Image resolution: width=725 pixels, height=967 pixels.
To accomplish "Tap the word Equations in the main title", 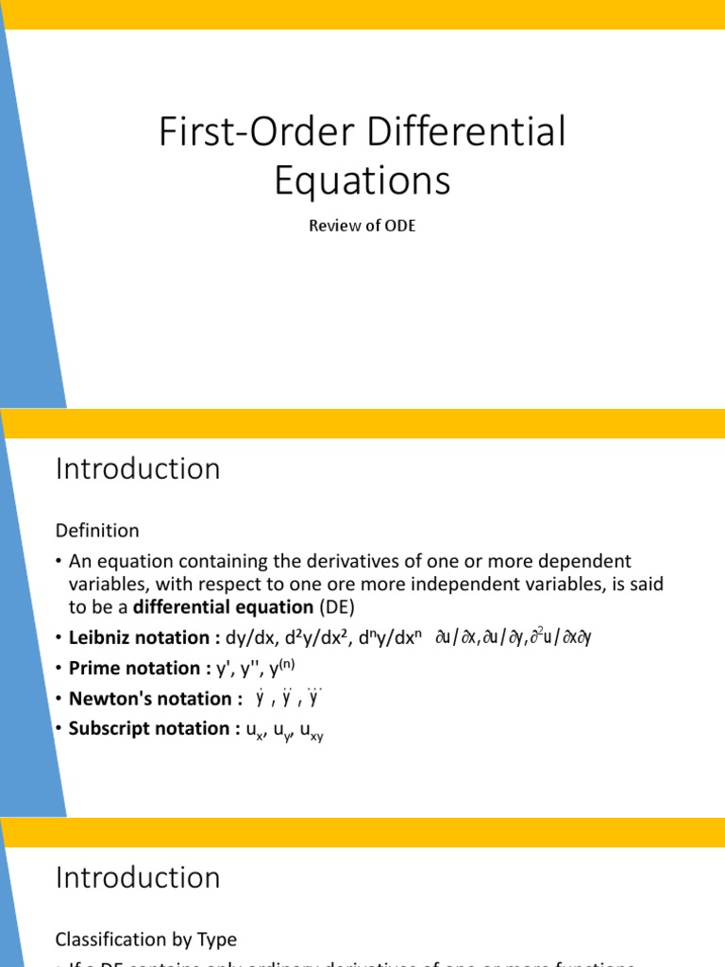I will coord(362,179).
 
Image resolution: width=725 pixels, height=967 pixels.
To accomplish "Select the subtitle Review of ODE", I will coord(362,227).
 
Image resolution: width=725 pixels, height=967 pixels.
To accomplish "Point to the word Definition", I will coord(97,531).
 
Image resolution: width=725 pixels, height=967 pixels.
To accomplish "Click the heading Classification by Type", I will coord(146,940).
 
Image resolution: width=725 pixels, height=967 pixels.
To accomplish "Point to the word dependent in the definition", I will coord(581,562).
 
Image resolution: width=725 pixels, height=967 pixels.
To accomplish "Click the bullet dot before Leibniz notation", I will coord(59,638).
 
